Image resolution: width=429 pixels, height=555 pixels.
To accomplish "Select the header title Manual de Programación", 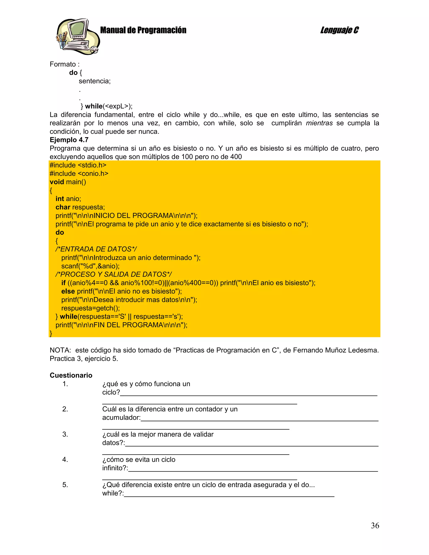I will tap(143, 30).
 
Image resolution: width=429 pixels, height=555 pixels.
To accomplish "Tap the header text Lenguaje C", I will tap(339, 30).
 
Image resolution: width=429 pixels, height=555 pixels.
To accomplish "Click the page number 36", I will tap(375, 525).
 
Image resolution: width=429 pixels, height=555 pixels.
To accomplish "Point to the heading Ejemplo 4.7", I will tap(69, 140).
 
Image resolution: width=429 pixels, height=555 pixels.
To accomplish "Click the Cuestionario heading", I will tap(71, 375).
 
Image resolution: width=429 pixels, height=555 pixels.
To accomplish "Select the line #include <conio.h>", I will tap(79, 174).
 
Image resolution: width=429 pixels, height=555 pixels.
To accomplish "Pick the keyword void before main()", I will tap(57, 182).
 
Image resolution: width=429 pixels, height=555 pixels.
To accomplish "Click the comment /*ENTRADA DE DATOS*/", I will tap(96, 249).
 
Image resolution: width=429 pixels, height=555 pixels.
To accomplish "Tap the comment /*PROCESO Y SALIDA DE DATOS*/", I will tap(114, 274).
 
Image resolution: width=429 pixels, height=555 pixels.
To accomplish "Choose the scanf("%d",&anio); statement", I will tap(90, 266).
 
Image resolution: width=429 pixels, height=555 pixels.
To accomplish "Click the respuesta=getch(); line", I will tap(90, 308).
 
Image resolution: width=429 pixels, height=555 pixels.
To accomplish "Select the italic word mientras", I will tap(319, 123).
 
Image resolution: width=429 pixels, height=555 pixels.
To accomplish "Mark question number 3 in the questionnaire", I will tap(65, 434).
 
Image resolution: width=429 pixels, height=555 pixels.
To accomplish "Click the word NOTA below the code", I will tap(60, 350).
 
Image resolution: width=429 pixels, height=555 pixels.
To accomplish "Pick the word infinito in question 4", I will tap(114, 468).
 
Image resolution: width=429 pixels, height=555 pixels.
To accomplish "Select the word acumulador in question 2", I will tap(121, 418).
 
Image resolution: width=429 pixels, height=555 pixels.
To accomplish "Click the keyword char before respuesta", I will tap(63, 207).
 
